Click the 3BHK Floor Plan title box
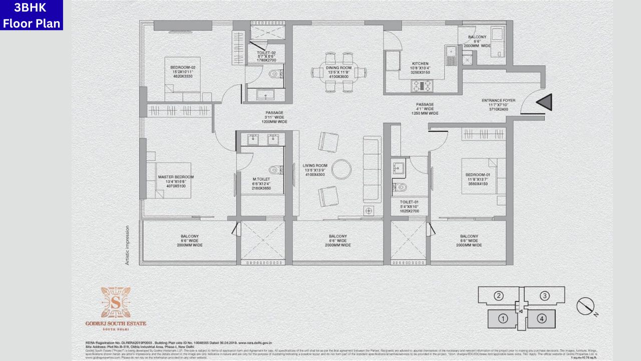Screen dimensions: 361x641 point(32,15)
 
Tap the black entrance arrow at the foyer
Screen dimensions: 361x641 point(544,102)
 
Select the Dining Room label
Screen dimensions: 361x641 point(339,68)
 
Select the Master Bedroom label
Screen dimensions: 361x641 point(175,177)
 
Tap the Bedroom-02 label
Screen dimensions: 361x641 point(182,67)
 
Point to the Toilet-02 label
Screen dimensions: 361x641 point(267,53)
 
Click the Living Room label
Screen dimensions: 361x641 point(314,165)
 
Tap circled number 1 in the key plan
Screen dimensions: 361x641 point(503,318)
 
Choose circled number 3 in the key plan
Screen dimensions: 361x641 point(545,296)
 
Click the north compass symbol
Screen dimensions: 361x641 point(585,306)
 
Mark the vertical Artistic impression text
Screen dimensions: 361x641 point(127,244)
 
